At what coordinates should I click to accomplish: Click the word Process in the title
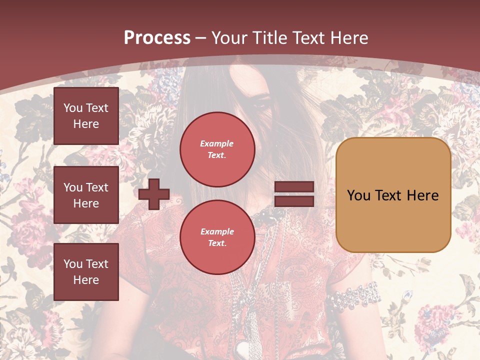point(157,38)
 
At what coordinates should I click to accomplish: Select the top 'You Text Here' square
point(86,116)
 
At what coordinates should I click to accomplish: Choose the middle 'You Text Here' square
point(86,195)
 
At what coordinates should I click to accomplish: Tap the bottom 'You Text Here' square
point(86,272)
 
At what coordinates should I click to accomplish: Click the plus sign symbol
point(154,194)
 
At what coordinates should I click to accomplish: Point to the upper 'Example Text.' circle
point(217,149)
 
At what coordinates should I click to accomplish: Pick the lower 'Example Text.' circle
point(217,237)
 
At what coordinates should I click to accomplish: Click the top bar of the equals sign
point(294,187)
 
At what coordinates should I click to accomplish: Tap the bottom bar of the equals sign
point(294,201)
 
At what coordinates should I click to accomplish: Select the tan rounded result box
point(393,195)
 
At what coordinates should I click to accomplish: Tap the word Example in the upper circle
point(217,143)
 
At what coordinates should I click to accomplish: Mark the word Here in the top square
point(86,124)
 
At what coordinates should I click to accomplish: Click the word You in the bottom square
point(72,264)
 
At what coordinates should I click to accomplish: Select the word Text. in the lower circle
point(217,243)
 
